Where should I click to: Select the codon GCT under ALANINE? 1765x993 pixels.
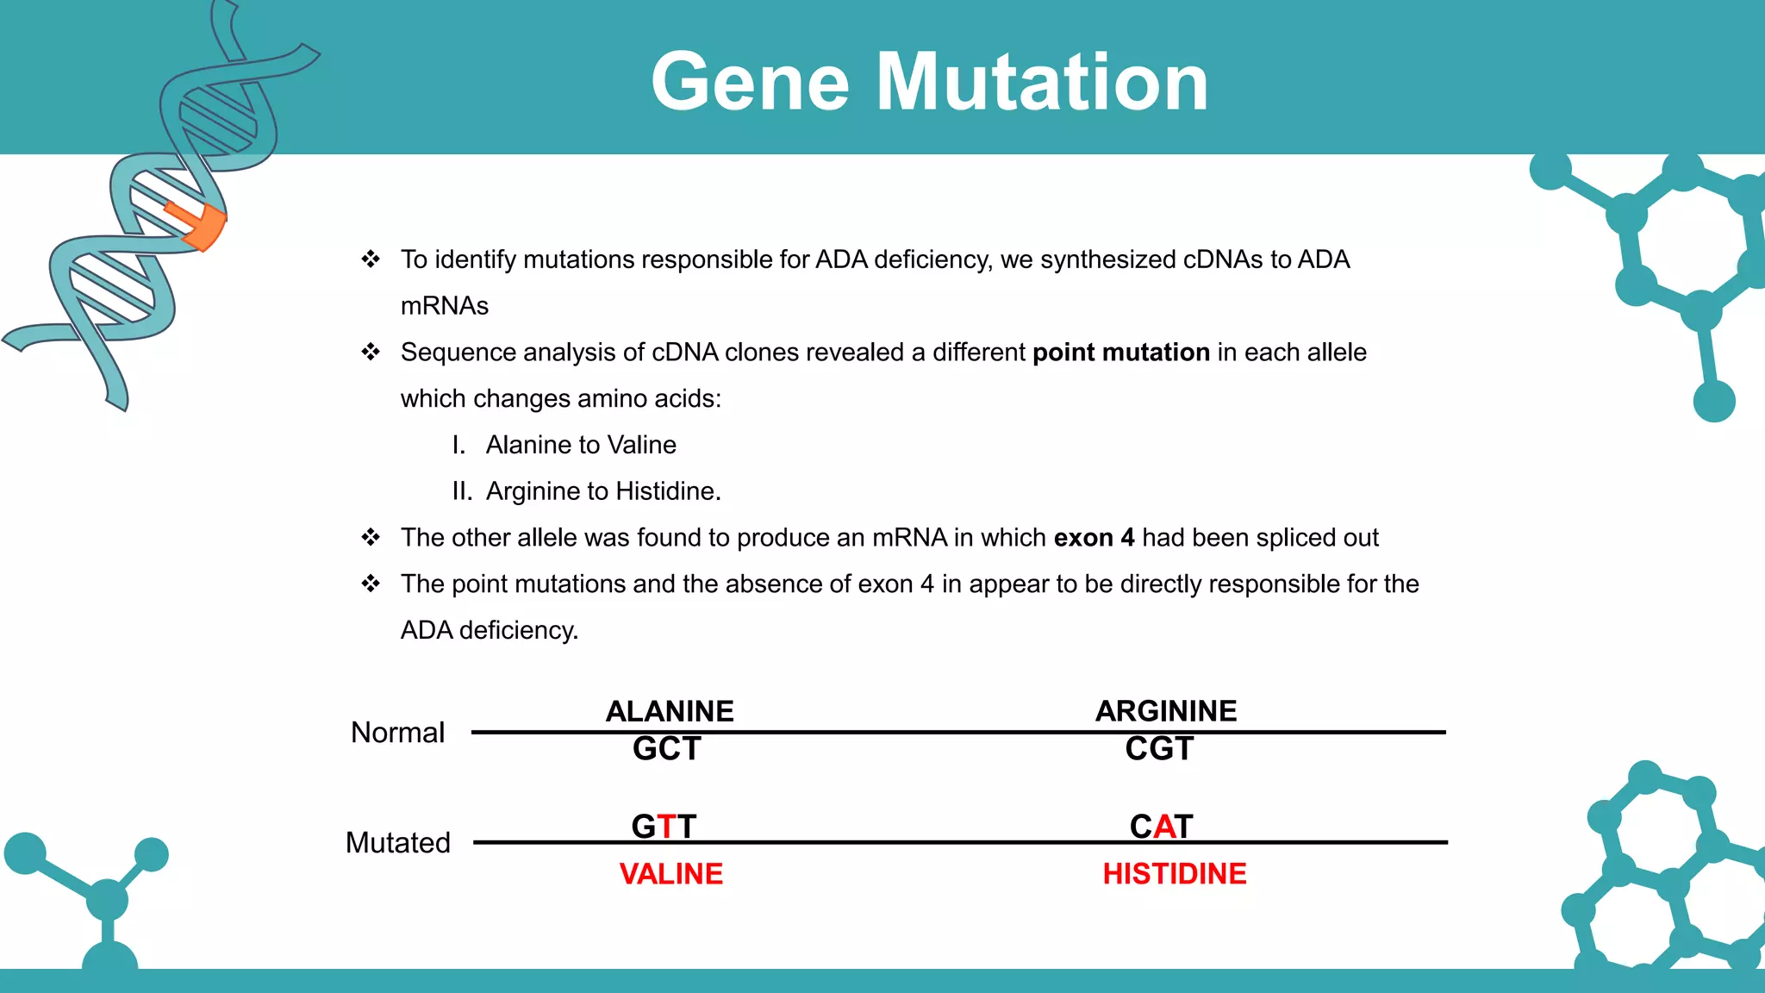click(x=666, y=749)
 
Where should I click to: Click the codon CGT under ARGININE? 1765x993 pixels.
click(x=1159, y=749)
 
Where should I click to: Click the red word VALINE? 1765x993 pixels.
click(x=670, y=874)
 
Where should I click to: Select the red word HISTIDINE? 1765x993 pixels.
click(x=1174, y=874)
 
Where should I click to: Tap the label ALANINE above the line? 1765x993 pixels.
click(x=670, y=711)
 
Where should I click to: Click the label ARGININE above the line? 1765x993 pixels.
click(x=1165, y=711)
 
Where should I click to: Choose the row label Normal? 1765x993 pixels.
click(x=397, y=733)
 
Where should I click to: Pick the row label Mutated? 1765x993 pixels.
click(x=397, y=842)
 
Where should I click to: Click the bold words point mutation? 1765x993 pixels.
click(x=1120, y=353)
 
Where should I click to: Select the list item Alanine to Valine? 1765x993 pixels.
click(x=581, y=445)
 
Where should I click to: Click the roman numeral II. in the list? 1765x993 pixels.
click(x=462, y=491)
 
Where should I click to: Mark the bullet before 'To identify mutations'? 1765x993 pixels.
click(x=371, y=259)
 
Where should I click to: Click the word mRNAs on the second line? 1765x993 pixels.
click(x=445, y=306)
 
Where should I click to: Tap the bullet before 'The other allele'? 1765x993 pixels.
click(x=371, y=538)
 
